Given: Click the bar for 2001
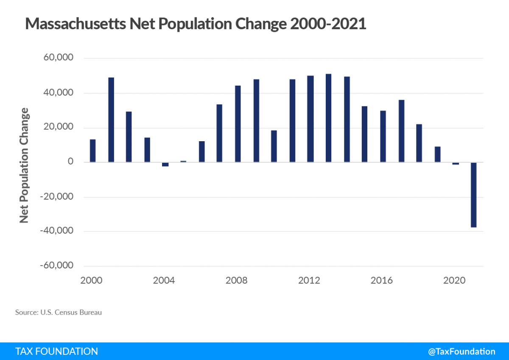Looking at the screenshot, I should point(111,120).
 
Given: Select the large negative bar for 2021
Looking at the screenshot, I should point(473,195).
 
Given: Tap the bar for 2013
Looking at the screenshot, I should point(328,118).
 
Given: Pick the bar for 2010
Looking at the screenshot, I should point(274,146).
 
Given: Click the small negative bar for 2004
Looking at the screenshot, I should point(165,165).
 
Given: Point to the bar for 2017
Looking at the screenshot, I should point(401,131).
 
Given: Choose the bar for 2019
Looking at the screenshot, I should point(437,154).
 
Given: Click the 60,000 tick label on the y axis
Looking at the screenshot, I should point(58,58).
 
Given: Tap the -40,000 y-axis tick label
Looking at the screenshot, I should point(57,231).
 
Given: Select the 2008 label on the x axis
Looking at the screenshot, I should point(237,281).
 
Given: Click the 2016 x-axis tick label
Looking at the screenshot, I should point(382,281).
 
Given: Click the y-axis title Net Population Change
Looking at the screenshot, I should point(25,165).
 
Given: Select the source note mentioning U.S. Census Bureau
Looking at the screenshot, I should point(59,313).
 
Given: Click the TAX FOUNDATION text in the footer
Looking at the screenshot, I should point(56,351).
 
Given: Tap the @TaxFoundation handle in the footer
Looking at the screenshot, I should point(461,351).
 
